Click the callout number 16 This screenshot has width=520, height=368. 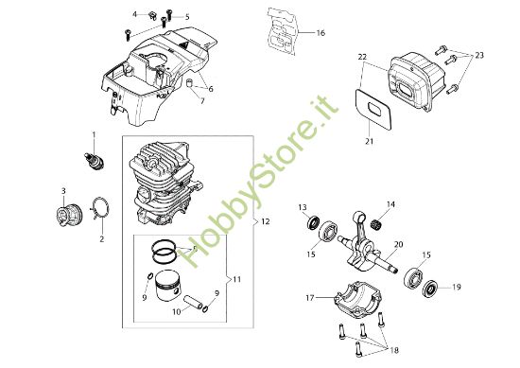(x=321, y=33)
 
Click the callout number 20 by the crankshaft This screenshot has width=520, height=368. (x=398, y=244)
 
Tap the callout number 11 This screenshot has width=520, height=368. (x=238, y=279)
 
